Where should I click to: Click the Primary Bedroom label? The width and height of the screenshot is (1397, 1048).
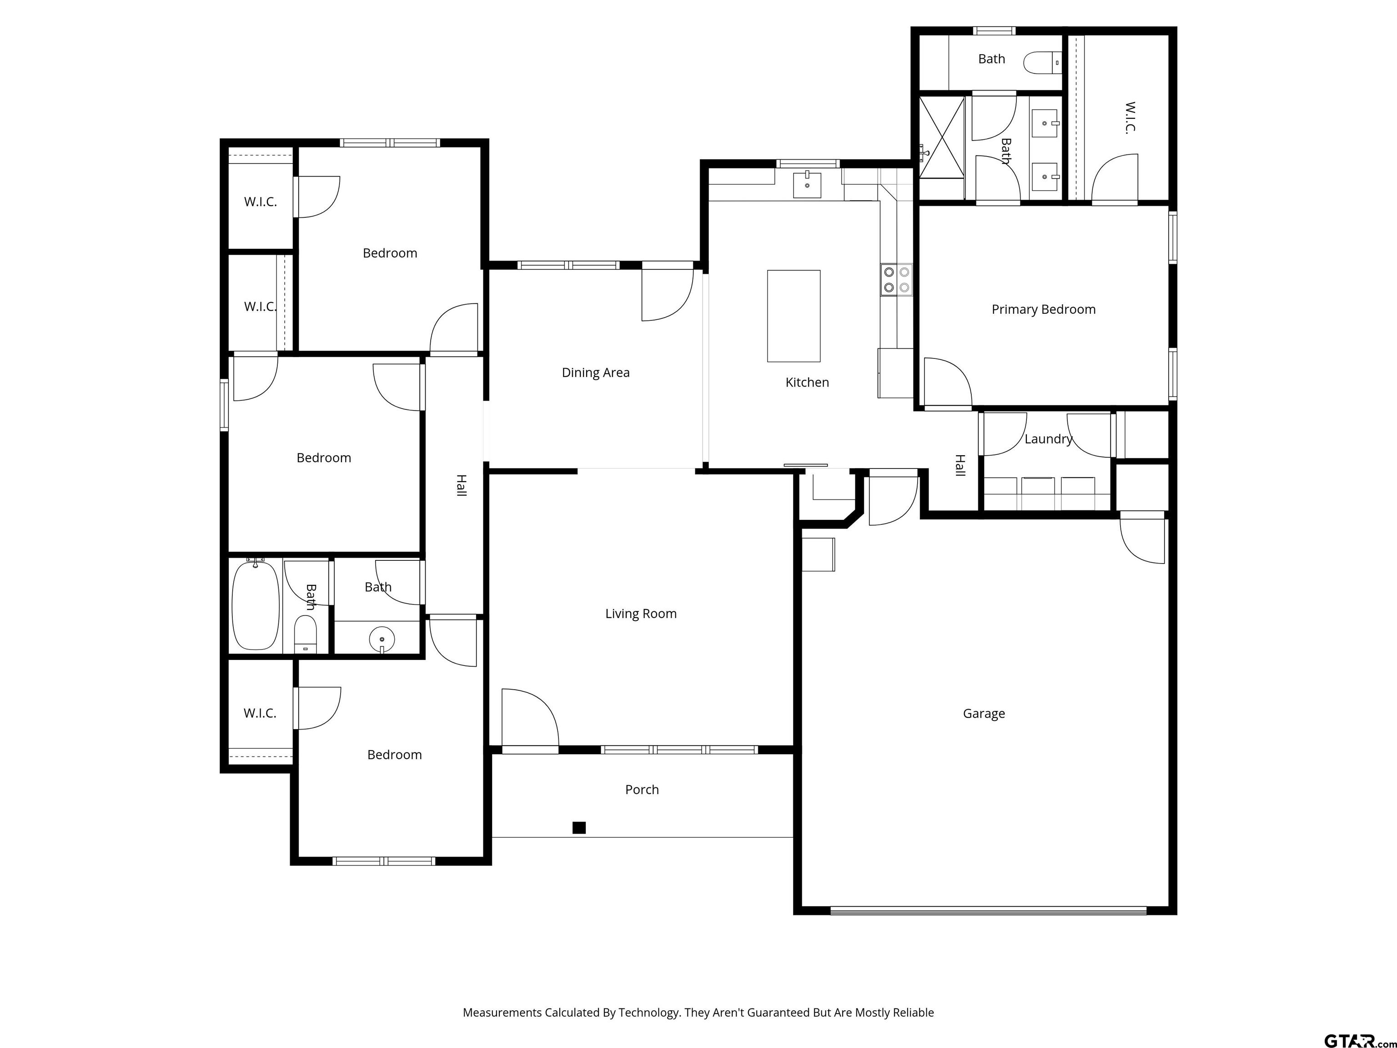(1043, 310)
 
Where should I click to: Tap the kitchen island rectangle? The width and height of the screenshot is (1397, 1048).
(794, 316)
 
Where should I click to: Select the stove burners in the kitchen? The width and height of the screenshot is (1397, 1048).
(897, 279)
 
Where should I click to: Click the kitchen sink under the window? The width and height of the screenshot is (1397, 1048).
(807, 185)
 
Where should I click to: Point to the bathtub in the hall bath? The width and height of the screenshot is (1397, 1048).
(256, 605)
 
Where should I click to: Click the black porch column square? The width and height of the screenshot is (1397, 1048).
(579, 827)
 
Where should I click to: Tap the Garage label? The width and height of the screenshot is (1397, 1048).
(984, 714)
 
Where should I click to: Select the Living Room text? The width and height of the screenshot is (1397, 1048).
(641, 614)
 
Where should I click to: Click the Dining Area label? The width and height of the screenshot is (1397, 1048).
(596, 373)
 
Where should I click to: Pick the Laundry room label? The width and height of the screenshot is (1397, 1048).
(1048, 439)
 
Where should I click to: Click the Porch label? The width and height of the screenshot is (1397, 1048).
(642, 790)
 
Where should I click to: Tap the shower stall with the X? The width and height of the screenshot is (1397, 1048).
(942, 138)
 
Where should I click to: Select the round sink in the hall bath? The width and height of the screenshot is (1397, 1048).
(382, 639)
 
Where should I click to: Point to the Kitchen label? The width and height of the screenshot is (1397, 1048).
(807, 382)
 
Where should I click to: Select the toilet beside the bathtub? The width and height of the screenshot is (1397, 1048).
(306, 634)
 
